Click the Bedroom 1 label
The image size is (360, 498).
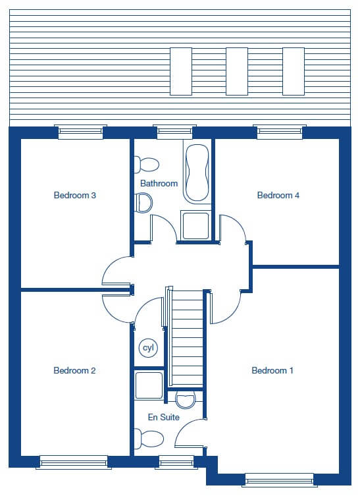(x=272, y=370)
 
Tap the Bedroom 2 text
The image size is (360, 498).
(x=74, y=370)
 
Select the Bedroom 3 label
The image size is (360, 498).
(x=75, y=195)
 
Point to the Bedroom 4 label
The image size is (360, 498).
(x=278, y=195)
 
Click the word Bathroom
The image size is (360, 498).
(x=159, y=183)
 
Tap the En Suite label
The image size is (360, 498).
(x=164, y=417)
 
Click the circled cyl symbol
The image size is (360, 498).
(x=149, y=348)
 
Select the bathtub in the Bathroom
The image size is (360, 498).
(x=197, y=173)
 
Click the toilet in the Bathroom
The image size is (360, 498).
(x=146, y=165)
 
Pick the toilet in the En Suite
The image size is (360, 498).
(x=149, y=439)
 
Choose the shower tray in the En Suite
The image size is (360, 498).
(x=149, y=385)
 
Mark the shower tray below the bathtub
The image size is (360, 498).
(x=195, y=225)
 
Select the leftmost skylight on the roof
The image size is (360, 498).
(x=181, y=71)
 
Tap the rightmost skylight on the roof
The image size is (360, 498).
(x=294, y=71)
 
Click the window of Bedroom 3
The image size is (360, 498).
(x=80, y=132)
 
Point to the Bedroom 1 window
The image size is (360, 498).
(x=280, y=480)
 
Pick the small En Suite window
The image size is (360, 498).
(x=176, y=462)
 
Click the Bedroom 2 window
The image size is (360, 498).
(x=74, y=462)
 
